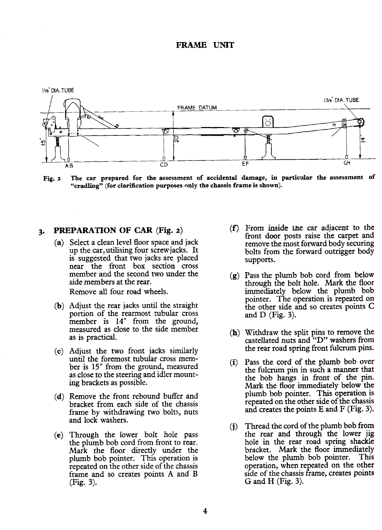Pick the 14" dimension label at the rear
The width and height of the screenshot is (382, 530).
pos(362,139)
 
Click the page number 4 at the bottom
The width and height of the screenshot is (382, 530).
pos(205,511)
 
